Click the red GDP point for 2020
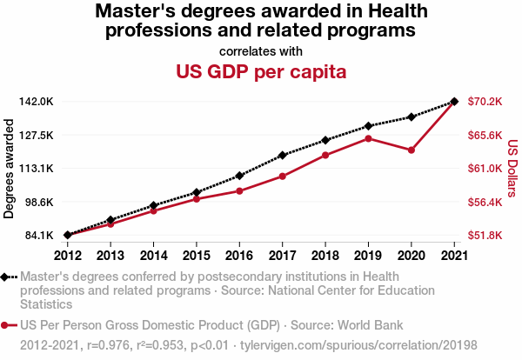[x=411, y=150]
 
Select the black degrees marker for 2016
[x=239, y=176]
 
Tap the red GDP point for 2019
[x=368, y=138]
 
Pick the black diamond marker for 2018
[x=325, y=140]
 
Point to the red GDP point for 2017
[x=282, y=177]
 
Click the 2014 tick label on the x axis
[x=153, y=255]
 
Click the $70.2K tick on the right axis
[x=485, y=102]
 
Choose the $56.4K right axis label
[x=485, y=202]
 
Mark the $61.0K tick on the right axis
[x=485, y=169]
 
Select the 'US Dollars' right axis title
[x=512, y=169]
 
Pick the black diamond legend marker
[x=8, y=277]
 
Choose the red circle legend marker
[x=8, y=325]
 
